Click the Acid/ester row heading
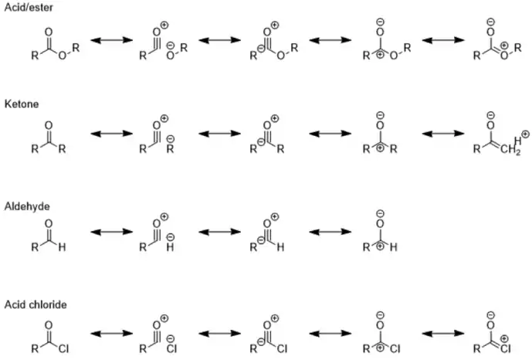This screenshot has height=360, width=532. coord(29,7)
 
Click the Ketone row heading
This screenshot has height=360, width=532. coord(22,104)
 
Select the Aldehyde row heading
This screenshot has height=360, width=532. coord(27,206)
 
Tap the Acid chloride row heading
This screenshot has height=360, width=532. coord(36,304)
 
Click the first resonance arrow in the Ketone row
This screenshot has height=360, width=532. coord(112,134)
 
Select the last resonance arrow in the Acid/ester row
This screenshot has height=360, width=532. coord(443,40)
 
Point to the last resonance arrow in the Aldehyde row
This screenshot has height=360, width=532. coord(330,232)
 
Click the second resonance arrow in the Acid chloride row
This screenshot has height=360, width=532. coord(219,334)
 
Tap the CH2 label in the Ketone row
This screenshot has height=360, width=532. coord(510,150)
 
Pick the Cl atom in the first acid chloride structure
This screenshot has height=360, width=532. coord(63,348)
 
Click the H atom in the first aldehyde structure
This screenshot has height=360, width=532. coord(62,247)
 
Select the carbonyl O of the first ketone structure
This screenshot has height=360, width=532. coord(49,126)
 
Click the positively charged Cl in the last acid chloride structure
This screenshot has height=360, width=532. coord(504,346)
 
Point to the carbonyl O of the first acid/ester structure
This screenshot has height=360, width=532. coord(49,32)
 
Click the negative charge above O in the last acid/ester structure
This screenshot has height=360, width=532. coord(490,22)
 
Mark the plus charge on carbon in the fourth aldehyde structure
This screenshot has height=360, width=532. coord(381,246)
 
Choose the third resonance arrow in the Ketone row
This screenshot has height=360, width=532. coord(330,134)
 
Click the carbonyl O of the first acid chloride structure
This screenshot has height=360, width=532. coord(49,326)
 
